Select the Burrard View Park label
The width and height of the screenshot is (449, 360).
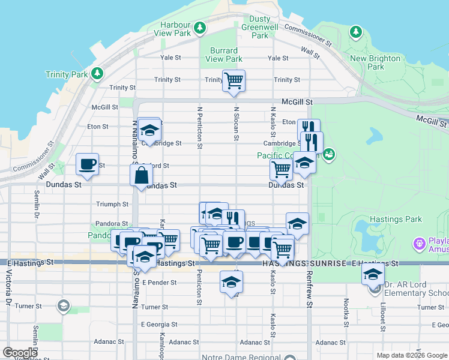coord(224,55)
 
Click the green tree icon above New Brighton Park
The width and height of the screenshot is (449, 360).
coord(357,31)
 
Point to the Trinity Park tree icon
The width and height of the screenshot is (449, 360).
coord(97,74)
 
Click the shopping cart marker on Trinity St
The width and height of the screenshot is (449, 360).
coord(234,80)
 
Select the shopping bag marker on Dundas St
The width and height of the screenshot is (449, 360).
coord(140,176)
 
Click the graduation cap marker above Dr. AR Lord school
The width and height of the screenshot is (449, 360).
coord(373,275)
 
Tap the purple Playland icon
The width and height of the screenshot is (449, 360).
coord(419,244)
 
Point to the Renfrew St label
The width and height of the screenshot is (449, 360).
coord(309,296)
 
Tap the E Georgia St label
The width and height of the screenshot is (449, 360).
coord(159,324)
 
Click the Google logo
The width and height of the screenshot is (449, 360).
coord(20,353)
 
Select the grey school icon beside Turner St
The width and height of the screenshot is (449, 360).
coord(62,307)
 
